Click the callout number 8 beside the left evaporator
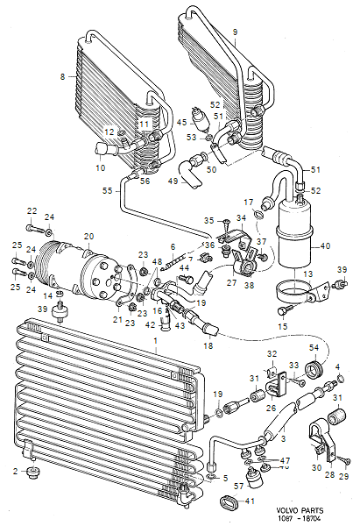(63, 78)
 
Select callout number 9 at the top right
(236, 32)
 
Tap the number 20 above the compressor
(88, 236)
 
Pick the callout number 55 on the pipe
(108, 190)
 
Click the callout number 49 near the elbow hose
(173, 181)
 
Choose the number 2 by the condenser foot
(15, 472)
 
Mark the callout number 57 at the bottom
(238, 486)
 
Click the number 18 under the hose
(208, 347)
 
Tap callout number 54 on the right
(313, 349)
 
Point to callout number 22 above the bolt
(32, 210)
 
